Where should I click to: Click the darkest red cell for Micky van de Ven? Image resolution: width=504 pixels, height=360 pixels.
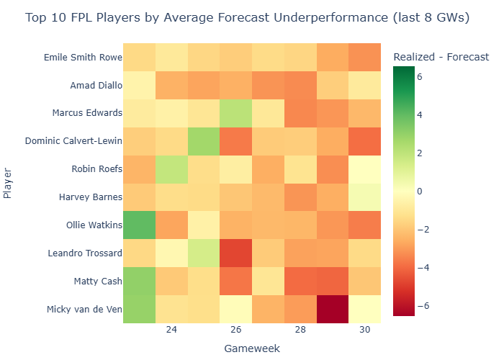(x=333, y=309)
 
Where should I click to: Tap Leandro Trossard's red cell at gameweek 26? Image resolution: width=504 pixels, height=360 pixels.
(x=235, y=253)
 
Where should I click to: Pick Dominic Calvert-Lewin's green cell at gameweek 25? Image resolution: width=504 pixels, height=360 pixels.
(x=203, y=140)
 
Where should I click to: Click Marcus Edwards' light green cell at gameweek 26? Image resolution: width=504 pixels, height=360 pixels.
(x=235, y=112)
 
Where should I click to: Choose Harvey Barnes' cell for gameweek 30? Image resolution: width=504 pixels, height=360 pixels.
(x=365, y=197)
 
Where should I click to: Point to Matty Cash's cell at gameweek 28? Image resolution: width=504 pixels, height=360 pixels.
(x=300, y=281)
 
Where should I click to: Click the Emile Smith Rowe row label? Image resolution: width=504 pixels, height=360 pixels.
(x=82, y=57)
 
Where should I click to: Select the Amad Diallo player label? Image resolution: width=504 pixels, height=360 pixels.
(x=96, y=85)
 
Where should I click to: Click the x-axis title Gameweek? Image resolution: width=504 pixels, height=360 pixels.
(x=251, y=348)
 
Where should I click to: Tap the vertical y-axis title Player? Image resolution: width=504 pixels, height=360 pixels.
(x=8, y=183)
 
